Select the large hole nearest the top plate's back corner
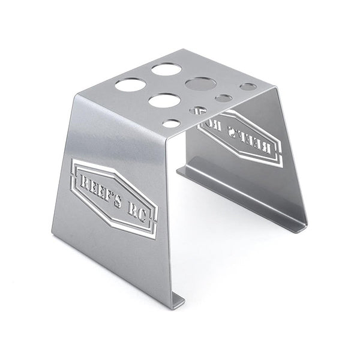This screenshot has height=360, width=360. tap(166, 69)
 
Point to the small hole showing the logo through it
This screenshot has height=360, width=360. tap(199, 110)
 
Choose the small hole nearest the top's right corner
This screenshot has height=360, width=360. tap(248, 86)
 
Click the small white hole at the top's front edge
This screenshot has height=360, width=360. tap(171, 124)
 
